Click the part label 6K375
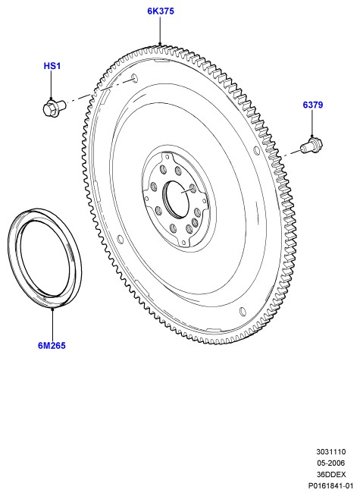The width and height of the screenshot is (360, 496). tap(161, 11)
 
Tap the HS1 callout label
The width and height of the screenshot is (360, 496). tap(52, 66)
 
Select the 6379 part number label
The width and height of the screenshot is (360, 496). tap(312, 105)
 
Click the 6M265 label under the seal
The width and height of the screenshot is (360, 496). tap(52, 345)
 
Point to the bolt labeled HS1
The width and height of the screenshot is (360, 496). tap(54, 107)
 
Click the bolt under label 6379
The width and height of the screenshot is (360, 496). tap(311, 146)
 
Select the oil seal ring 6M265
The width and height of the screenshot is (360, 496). tap(44, 257)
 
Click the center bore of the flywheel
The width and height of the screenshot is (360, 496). tap(176, 199)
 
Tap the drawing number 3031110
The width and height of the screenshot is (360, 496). tap(331, 451)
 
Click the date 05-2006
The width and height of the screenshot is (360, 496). tap(331, 463)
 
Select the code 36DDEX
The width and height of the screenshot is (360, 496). tap(331, 474)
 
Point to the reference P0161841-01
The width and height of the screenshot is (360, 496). tap(330, 485)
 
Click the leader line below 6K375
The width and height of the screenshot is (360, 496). tap(160, 30)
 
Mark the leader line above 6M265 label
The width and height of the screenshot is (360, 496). tap(53, 323)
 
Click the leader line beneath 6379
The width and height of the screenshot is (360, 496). tap(312, 123)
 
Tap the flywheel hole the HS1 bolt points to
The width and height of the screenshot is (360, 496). tap(134, 78)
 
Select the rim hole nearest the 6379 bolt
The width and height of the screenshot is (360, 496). tap(255, 150)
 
